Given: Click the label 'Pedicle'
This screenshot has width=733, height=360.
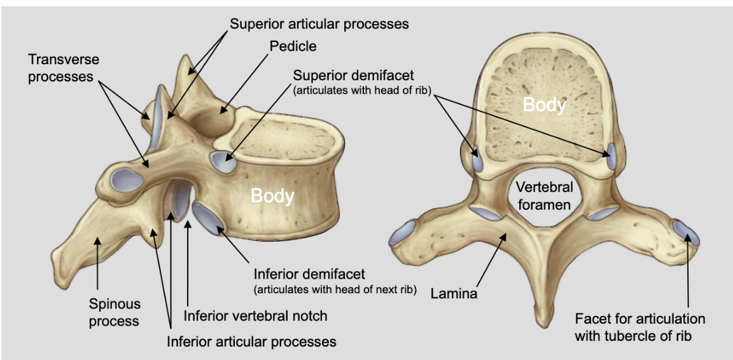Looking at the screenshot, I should tap(293, 46).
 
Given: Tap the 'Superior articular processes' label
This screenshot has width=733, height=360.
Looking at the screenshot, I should tap(319, 24).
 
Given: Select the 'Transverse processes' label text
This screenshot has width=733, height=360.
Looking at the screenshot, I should tap(64, 69).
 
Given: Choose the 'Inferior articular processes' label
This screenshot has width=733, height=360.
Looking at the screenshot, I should tap(251, 342).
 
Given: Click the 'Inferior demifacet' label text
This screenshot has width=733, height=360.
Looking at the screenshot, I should tap(309, 275).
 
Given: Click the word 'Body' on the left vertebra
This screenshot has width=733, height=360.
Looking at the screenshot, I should tap(272, 195).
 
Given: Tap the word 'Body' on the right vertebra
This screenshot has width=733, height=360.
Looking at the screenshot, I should tap(544, 104).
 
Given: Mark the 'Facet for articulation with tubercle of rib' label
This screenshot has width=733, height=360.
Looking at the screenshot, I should tap(639, 326).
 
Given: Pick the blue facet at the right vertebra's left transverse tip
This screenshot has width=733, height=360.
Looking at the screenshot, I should tap(403, 232).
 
